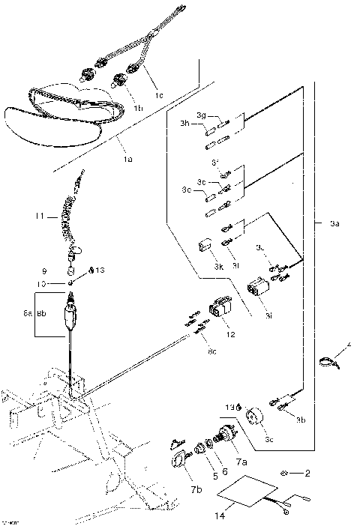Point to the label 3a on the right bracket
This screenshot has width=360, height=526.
coord(334,223)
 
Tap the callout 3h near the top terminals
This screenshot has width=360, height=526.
coord(184,124)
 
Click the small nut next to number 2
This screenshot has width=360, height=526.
coord(286,474)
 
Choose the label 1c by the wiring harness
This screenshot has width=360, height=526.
coord(158,96)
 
